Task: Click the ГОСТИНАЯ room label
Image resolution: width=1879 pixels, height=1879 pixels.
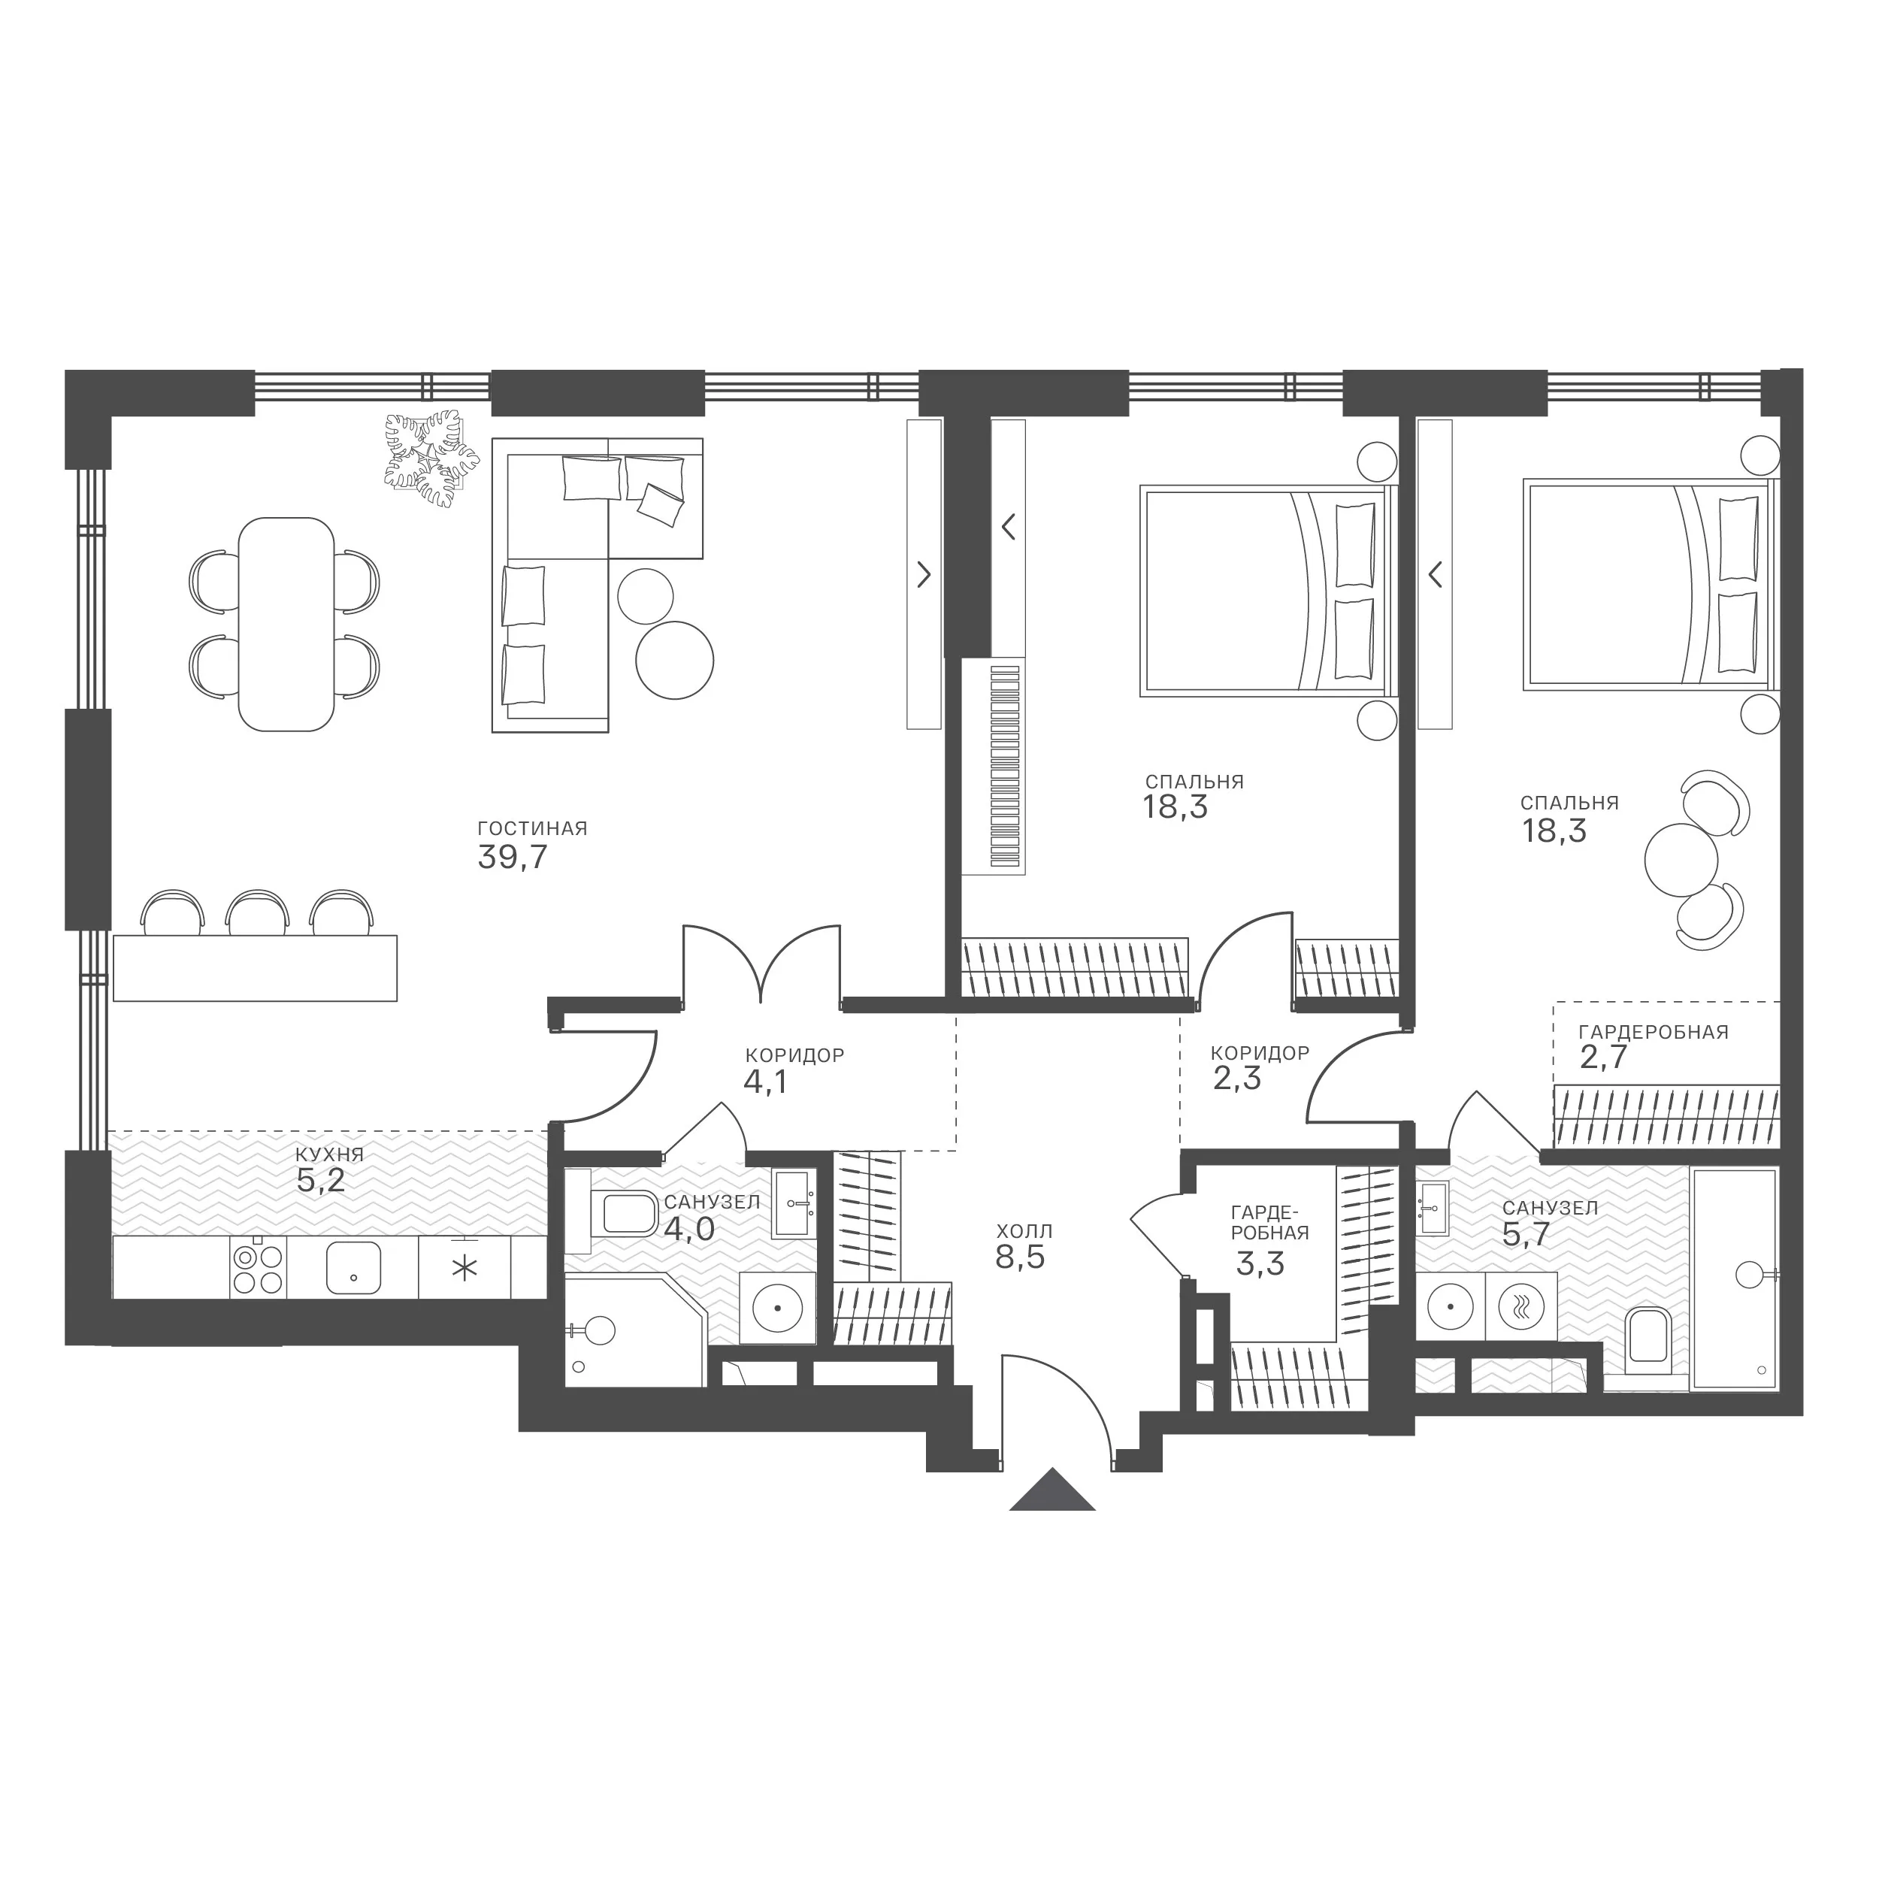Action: pyautogui.click(x=532, y=828)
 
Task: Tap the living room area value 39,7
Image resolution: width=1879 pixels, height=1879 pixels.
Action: pyautogui.click(x=513, y=857)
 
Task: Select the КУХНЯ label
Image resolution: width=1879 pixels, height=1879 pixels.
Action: pyautogui.click(x=330, y=1154)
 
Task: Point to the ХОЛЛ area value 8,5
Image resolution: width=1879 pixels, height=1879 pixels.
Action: pyautogui.click(x=1019, y=1257)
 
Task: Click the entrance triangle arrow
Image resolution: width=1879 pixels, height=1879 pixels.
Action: pyautogui.click(x=1052, y=1490)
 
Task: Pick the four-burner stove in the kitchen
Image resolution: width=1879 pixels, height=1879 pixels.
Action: pyautogui.click(x=259, y=1268)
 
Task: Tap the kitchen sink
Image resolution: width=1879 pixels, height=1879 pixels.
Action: pyautogui.click(x=353, y=1268)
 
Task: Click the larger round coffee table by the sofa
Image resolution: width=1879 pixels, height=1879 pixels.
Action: pyautogui.click(x=674, y=661)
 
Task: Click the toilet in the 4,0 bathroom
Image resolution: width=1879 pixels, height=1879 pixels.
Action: pyautogui.click(x=625, y=1213)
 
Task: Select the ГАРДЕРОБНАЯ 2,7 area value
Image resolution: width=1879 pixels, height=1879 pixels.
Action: pyautogui.click(x=1603, y=1058)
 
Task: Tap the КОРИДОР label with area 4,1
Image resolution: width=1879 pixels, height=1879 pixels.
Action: pyautogui.click(x=794, y=1054)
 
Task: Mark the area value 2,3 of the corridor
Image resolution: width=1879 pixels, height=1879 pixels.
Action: pyautogui.click(x=1237, y=1079)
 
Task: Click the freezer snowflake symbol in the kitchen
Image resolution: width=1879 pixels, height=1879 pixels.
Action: pyautogui.click(x=466, y=1268)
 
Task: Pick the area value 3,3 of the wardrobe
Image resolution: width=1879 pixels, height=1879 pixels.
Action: pyautogui.click(x=1260, y=1263)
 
